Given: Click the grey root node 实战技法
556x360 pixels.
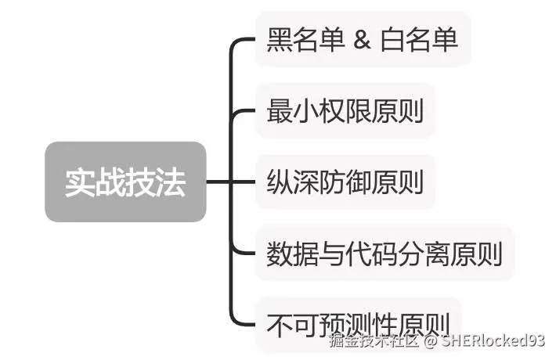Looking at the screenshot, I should (125, 182).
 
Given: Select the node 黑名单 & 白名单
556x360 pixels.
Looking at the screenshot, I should (362, 40).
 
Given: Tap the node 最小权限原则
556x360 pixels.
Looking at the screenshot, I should (345, 111).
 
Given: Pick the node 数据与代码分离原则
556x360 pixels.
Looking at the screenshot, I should (384, 254).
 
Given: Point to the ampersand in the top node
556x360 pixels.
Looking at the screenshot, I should (362, 40).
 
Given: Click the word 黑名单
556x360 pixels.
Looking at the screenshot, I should (305, 40).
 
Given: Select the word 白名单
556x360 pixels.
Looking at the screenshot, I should (419, 40).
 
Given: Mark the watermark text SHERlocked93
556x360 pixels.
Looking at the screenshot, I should (493, 340).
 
